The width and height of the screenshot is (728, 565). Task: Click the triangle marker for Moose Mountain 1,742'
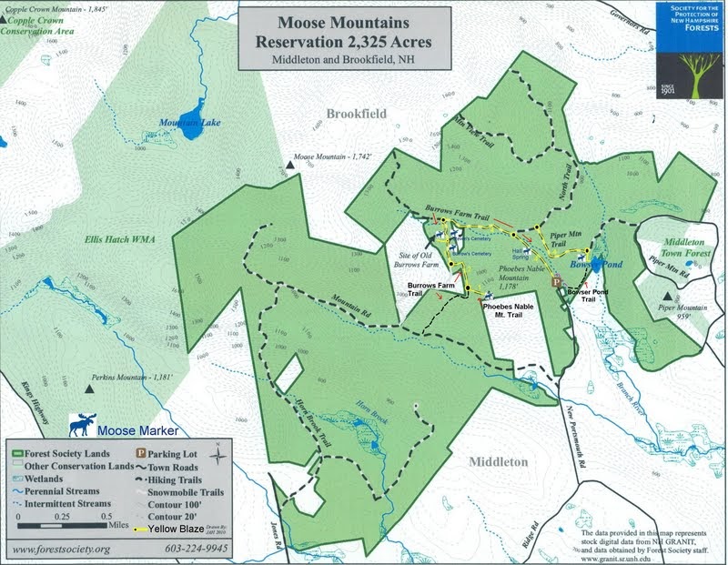289,165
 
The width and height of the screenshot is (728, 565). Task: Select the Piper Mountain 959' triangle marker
669,298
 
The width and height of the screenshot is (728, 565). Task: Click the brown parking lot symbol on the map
557,283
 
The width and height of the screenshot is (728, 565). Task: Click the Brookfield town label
356,114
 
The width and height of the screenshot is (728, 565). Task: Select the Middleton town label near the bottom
498,460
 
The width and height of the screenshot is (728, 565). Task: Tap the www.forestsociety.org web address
58,550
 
